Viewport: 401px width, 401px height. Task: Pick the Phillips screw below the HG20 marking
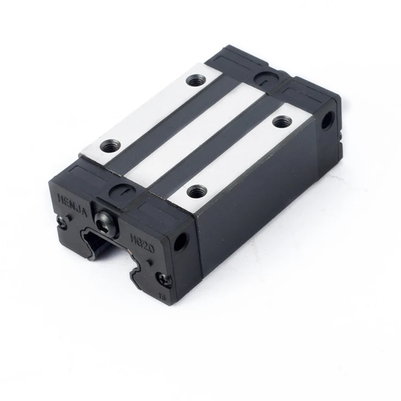164,279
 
